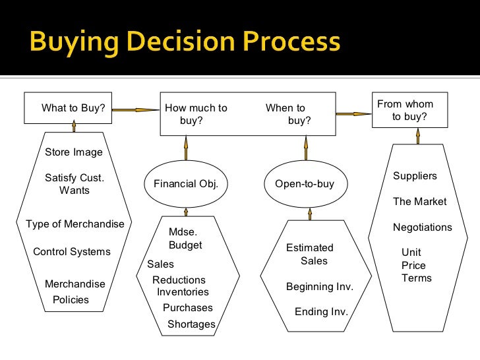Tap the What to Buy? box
[73, 108]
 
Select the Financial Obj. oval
[185, 184]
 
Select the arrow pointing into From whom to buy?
[353, 113]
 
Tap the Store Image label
[74, 152]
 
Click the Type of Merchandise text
[75, 224]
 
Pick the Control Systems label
[72, 252]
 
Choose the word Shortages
[191, 324]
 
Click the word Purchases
[188, 307]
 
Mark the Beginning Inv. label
[320, 287]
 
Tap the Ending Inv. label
[321, 312]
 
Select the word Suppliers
[415, 176]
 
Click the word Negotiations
[423, 227]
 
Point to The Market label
[420, 202]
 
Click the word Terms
[417, 278]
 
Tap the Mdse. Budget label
[185, 239]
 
